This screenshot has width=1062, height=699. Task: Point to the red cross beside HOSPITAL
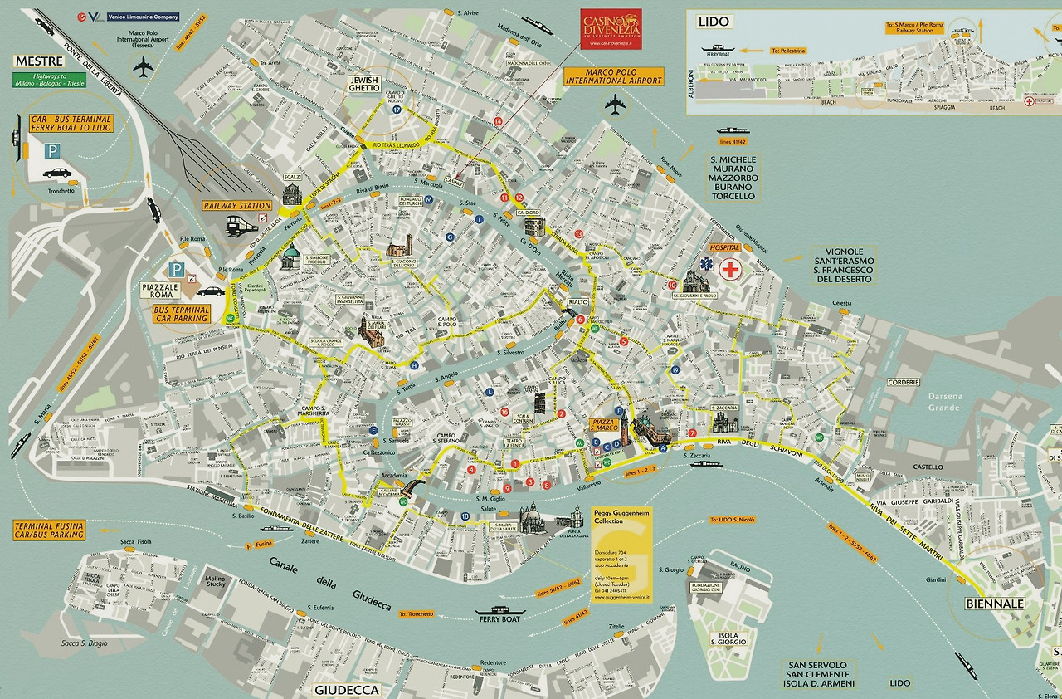coord(731,270)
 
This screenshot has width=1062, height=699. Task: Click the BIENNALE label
coord(994,604)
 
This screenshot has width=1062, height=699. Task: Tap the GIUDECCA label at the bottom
coord(346,690)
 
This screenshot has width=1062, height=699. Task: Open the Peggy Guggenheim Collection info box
coord(621,554)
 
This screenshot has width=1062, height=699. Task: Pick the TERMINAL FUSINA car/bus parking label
coord(49,530)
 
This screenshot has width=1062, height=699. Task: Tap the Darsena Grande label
coord(944,402)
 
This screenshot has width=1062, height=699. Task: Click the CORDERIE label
coord(904,382)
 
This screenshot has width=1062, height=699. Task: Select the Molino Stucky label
coord(215,583)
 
